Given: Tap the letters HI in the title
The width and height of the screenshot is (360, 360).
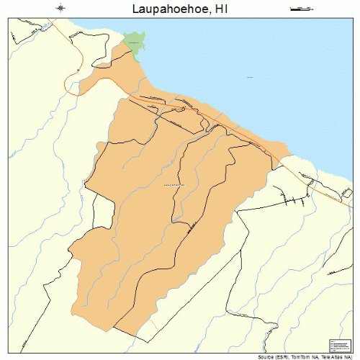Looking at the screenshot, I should [222, 9].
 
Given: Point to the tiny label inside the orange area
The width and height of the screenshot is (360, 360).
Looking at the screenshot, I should [174, 185].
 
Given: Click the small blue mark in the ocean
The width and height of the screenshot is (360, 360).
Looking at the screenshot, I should [250, 77].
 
